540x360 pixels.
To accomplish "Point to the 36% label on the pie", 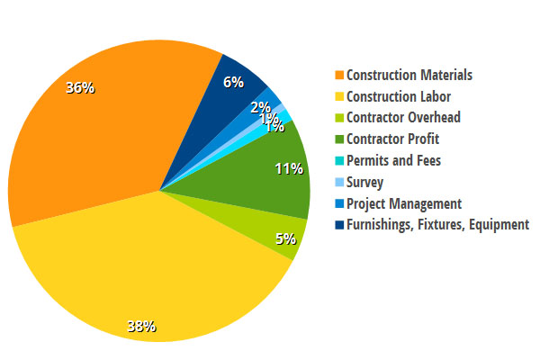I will (79, 87).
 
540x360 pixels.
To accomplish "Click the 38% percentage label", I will (141, 326).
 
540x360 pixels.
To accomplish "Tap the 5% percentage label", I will (285, 240).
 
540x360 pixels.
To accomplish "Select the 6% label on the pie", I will (233, 82).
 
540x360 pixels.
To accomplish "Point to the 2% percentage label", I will (261, 107).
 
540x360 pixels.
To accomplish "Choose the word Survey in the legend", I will (366, 182).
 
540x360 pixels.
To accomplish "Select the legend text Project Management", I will (404, 203).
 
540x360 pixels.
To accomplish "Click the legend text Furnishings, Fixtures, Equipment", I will (438, 225).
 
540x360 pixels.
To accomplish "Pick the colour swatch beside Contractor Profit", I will (338, 139).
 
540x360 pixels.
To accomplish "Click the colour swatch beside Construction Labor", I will (338, 96).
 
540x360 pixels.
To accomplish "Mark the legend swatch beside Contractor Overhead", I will (338, 118).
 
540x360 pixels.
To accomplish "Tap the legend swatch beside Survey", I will (338, 182).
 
